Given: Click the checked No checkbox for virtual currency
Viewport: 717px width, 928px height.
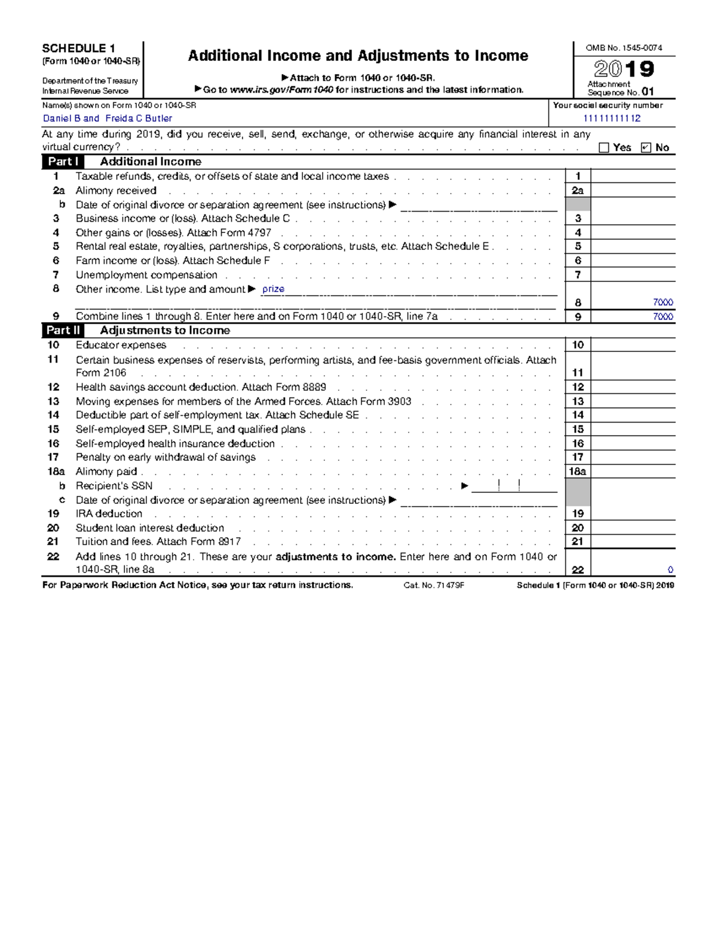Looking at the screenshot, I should click(x=645, y=148).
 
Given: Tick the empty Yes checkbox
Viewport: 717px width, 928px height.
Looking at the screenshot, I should click(x=604, y=148).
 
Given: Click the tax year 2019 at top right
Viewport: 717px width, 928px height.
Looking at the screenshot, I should click(x=624, y=69).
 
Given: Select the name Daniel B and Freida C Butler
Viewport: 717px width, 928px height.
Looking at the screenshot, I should click(x=108, y=118).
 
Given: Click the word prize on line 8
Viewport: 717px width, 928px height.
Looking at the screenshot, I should click(x=273, y=289).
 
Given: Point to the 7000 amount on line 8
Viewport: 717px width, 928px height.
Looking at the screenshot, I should click(x=663, y=302).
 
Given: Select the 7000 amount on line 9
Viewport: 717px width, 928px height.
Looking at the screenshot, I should click(x=663, y=317).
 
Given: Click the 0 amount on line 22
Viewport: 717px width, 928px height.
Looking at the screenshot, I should click(x=670, y=570).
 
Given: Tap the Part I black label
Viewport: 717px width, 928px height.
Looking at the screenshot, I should click(x=63, y=161).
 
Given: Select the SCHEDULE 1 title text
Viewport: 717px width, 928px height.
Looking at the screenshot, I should click(x=78, y=48).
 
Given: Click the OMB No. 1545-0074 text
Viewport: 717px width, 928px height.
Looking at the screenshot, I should click(x=623, y=48).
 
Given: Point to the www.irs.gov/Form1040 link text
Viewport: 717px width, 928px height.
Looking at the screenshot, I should click(x=281, y=90).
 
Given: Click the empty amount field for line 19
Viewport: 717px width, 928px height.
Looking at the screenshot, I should click(x=632, y=514).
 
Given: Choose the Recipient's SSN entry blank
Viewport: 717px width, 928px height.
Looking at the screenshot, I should click(x=514, y=486).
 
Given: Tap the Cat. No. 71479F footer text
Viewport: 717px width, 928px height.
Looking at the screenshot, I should click(x=434, y=586).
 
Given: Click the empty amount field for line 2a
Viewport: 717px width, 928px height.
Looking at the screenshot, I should click(x=632, y=191).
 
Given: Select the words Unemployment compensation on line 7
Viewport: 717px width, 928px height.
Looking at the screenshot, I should click(x=146, y=275).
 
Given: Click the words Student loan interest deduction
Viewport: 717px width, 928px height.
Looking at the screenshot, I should click(x=150, y=528).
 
